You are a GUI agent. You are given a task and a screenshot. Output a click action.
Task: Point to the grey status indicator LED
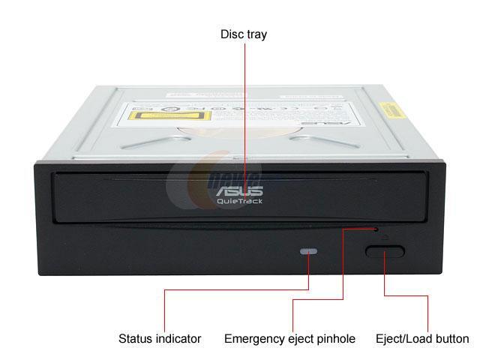(x=308, y=251)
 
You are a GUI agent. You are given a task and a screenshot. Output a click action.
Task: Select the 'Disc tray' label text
(x=243, y=34)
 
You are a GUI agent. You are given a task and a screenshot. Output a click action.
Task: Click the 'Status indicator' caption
(x=160, y=339)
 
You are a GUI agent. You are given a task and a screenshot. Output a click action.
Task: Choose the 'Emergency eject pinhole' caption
(x=289, y=339)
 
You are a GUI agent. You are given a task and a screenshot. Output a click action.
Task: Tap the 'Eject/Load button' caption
(x=422, y=339)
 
